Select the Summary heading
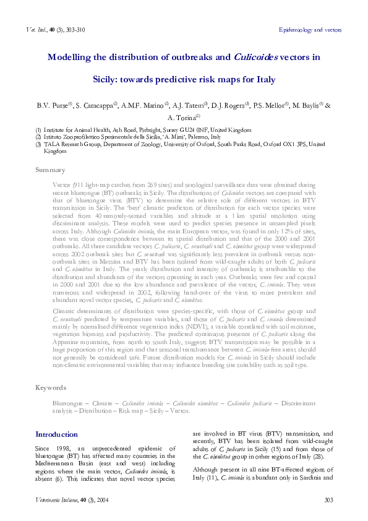50,170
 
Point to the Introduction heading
56,434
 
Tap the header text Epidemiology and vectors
310,30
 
